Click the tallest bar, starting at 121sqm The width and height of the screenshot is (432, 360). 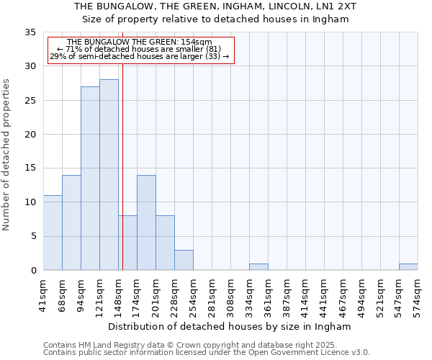(109, 175)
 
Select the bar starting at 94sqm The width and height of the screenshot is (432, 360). (90, 179)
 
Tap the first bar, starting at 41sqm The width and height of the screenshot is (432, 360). (53, 233)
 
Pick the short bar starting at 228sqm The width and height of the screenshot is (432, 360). (184, 260)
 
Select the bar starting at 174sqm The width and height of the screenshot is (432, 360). (146, 222)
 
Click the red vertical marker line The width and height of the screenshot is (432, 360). (122, 144)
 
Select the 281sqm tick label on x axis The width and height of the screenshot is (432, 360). (212, 295)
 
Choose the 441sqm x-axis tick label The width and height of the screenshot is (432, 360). (325, 295)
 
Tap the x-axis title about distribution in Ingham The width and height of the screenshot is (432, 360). (230, 326)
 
